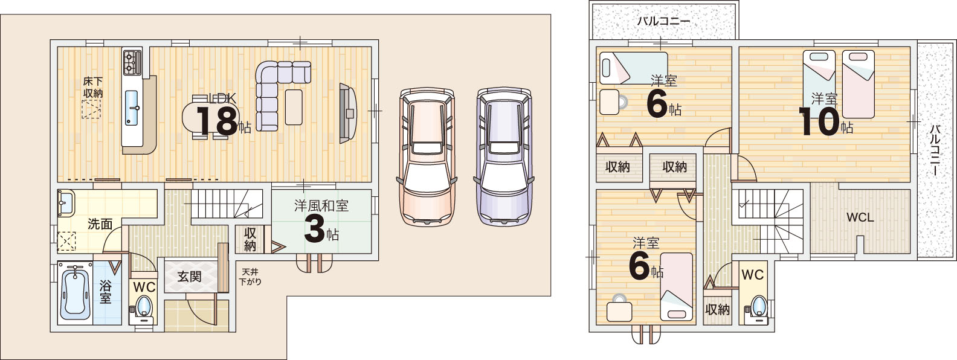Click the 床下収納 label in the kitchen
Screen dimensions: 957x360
pos(92,87)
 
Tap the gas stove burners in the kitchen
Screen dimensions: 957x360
pos(132,63)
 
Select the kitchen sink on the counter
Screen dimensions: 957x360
pos(132,108)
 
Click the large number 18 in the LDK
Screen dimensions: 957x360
pos(216,121)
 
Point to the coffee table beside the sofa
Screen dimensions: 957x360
pos(294,107)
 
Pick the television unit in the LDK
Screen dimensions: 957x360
pos(347,113)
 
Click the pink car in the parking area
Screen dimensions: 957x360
pos(427,156)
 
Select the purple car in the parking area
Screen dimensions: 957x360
pos(504,156)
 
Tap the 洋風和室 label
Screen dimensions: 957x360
pos(321,206)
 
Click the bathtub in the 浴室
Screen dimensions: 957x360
pos(76,293)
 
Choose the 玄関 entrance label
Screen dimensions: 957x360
pos(189,277)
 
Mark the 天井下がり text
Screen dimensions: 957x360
pos(250,277)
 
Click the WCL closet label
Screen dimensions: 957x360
pos(860,217)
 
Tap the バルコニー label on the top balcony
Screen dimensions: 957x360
pos(663,21)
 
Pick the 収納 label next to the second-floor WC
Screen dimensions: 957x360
pos(717,309)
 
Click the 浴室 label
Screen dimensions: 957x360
pos(106,292)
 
